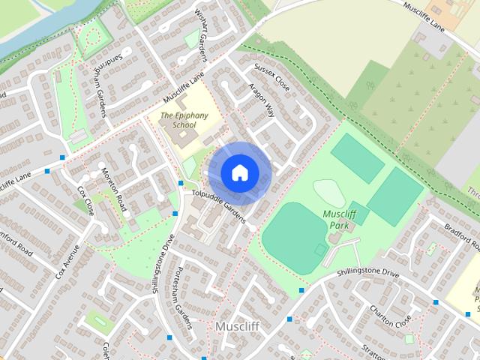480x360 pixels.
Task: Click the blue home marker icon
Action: pos(239,172)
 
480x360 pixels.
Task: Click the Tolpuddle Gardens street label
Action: pos(218,205)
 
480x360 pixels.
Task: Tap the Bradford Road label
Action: pos(460,238)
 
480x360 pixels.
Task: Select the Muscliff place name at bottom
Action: pos(237,327)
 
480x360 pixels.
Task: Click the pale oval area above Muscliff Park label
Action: pos(329,193)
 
